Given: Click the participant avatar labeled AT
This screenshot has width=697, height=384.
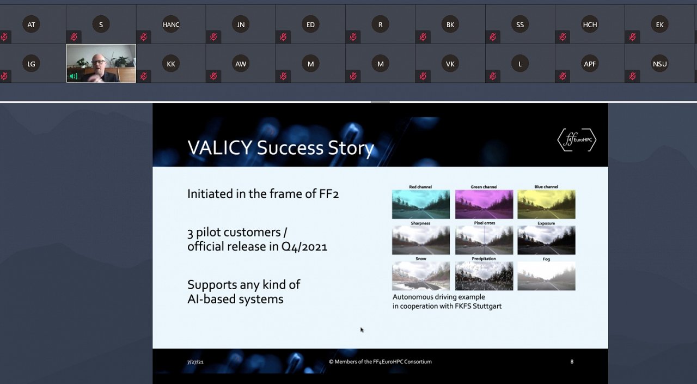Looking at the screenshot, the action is (x=31, y=25).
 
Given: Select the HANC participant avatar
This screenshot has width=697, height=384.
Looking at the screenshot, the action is (x=171, y=25).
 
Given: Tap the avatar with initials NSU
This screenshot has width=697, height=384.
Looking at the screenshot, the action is (x=659, y=64).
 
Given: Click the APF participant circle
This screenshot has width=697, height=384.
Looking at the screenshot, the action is (x=590, y=64).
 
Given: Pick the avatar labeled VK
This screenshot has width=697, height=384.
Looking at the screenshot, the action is (x=450, y=64).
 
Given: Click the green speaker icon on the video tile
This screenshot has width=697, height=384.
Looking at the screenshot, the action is (x=74, y=76).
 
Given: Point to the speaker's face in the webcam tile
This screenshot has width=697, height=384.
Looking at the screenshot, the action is (x=99, y=63).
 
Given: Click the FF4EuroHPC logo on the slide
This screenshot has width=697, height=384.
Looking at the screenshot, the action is (x=577, y=140).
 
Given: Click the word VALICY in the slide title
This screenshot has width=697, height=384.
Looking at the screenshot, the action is (x=219, y=148).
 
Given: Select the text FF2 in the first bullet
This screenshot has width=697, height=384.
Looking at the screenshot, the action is (x=328, y=194).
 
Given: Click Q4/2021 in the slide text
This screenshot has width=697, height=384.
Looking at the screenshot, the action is (x=304, y=247).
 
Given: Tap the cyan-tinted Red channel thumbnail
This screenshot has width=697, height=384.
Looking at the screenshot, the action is (x=421, y=204).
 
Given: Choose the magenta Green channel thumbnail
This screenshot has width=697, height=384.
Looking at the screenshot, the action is (x=484, y=204).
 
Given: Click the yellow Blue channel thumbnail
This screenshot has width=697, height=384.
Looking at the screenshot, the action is (x=546, y=204).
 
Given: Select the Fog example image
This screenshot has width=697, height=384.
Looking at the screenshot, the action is (x=546, y=276).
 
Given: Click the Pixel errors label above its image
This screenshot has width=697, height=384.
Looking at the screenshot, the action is (x=485, y=223).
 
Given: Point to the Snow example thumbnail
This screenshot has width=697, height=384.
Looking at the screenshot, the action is (x=421, y=276).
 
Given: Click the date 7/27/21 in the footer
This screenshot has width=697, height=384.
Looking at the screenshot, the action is (x=195, y=362).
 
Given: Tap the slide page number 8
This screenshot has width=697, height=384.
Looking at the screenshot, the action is (x=572, y=362).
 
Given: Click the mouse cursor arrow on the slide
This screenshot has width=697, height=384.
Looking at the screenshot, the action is (x=362, y=330).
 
